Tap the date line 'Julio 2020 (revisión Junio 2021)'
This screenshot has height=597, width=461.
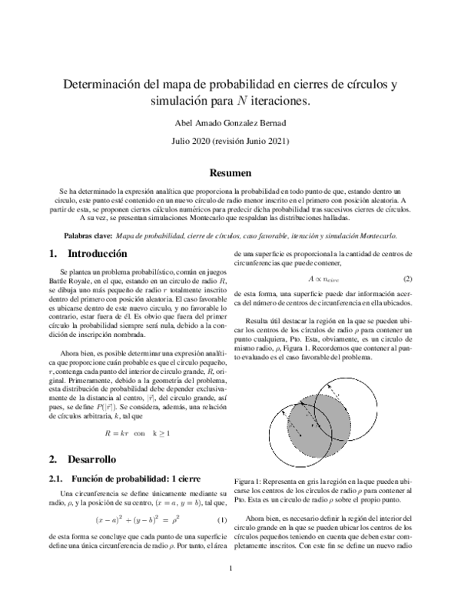click(230, 142)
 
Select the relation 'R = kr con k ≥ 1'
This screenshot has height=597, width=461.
click(127, 432)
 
